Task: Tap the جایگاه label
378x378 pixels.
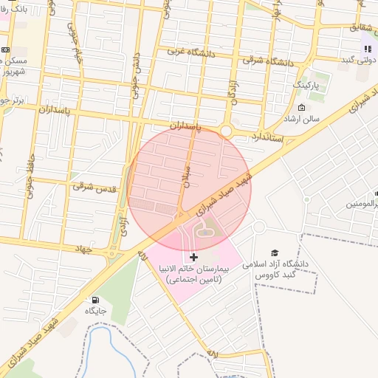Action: [x=95, y=311]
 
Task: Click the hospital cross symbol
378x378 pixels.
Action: [x=193, y=257]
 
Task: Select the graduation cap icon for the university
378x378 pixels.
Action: [x=275, y=253]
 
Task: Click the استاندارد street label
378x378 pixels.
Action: [x=265, y=137]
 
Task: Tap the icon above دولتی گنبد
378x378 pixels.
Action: [x=367, y=49]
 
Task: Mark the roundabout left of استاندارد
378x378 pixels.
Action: [x=226, y=131]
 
